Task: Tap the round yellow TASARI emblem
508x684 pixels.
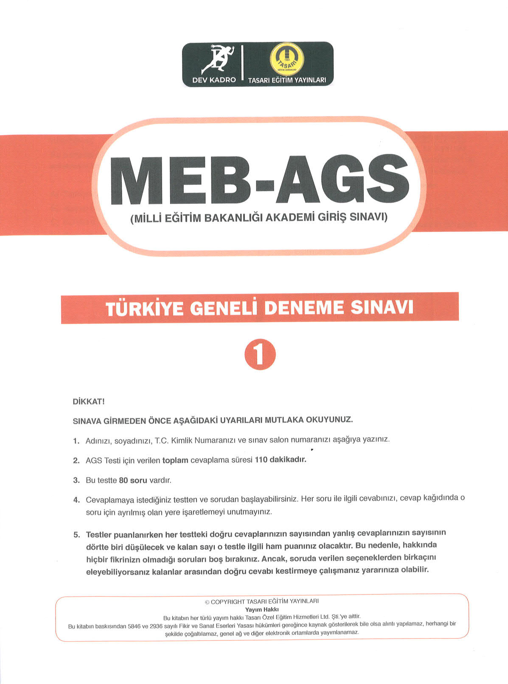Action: tap(287, 60)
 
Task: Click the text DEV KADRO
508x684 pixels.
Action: tap(214, 80)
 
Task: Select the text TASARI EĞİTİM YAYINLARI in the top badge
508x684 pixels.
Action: tap(287, 80)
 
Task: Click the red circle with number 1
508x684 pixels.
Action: tap(260, 355)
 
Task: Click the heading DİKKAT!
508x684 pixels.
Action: tap(89, 402)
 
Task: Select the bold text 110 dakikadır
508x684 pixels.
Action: tap(280, 460)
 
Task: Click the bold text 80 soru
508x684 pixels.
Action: tap(133, 480)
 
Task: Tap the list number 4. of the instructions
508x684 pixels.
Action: tap(76, 500)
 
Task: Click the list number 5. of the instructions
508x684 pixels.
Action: tap(76, 534)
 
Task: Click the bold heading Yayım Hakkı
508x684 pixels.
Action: tap(262, 609)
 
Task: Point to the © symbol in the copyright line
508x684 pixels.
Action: tap(207, 602)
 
